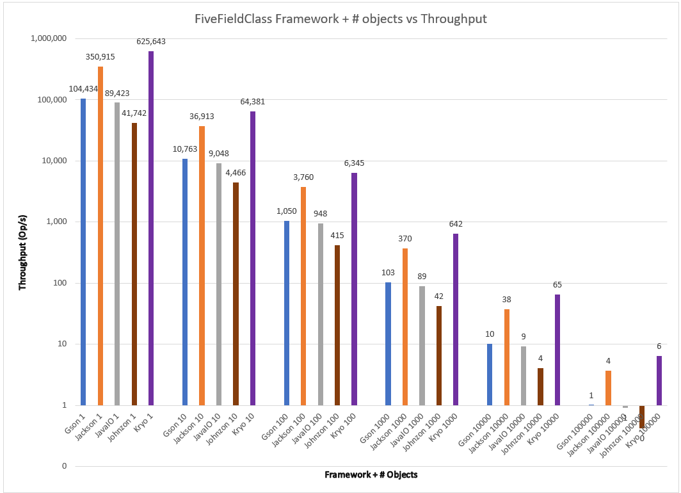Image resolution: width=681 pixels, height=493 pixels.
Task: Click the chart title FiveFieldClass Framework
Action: click(340, 19)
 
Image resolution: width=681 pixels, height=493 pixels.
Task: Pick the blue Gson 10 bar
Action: click(185, 282)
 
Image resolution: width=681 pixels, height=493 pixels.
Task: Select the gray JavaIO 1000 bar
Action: click(422, 346)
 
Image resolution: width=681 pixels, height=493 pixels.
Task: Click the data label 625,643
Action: click(151, 42)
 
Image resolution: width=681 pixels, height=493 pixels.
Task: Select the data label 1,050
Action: click(287, 211)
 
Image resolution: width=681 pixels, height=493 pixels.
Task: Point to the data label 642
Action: click(456, 224)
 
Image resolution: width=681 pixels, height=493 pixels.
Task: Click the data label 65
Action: click(557, 284)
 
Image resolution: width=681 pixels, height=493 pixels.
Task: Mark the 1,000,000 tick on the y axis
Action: click(49, 38)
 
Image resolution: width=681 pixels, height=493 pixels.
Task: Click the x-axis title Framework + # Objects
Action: click(371, 474)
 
